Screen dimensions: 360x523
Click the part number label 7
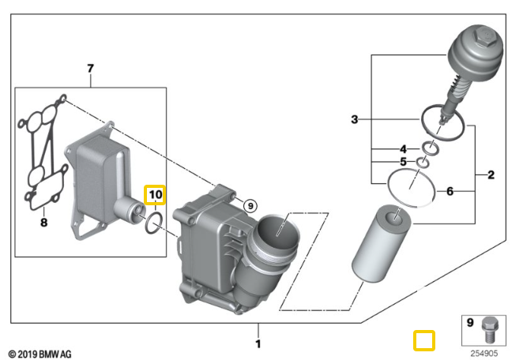coord(90,69)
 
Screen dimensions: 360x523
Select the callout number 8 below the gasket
coord(43,223)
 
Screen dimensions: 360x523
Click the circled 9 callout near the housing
coord(250,206)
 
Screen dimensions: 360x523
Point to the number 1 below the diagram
coord(258,343)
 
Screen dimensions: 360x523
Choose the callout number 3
coord(355,120)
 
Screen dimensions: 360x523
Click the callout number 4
coord(403,148)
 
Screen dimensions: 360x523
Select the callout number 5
coord(403,163)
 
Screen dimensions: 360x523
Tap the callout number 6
coord(450,190)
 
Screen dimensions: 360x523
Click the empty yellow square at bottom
coord(425,340)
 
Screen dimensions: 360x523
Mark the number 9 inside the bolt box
coord(469,323)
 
